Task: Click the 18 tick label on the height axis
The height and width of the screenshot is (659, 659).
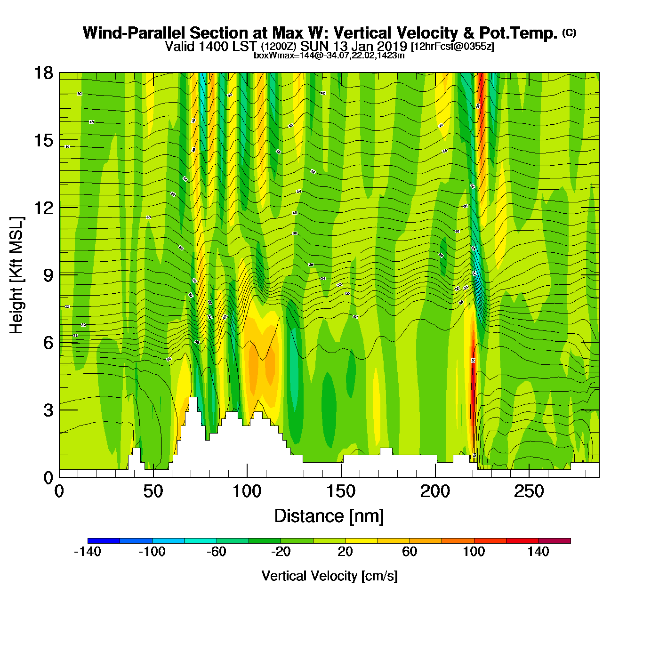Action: point(43,73)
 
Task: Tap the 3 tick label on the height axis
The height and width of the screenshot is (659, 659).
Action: point(48,410)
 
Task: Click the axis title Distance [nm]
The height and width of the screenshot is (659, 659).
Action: point(329,516)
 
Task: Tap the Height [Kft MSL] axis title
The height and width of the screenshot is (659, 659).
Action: point(16,275)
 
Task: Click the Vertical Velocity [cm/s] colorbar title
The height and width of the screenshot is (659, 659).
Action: point(329,576)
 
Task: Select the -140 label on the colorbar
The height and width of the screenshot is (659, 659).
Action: point(88,552)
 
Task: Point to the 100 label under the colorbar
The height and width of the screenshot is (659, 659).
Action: point(474,552)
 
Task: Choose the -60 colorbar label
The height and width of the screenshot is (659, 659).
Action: point(217,552)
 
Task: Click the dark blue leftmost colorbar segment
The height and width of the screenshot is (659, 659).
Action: point(104,541)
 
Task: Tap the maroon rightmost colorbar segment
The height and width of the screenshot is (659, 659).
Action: point(555,541)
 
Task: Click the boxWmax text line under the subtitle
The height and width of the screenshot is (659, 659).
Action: point(329,55)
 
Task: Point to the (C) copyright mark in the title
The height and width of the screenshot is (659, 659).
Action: point(569,32)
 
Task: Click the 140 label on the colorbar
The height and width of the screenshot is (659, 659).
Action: point(538,552)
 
